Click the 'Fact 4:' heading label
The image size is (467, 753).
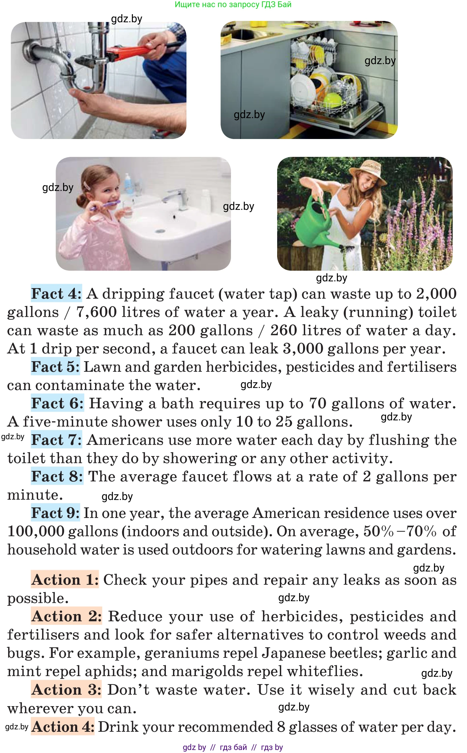(56, 294)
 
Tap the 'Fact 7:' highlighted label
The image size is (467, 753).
(56, 440)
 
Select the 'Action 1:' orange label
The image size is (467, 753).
(65, 580)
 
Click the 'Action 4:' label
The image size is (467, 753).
(63, 726)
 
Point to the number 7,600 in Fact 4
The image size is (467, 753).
(96, 312)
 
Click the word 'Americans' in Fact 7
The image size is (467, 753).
(125, 440)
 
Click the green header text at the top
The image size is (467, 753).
(233, 4)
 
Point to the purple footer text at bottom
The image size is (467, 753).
(233, 747)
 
